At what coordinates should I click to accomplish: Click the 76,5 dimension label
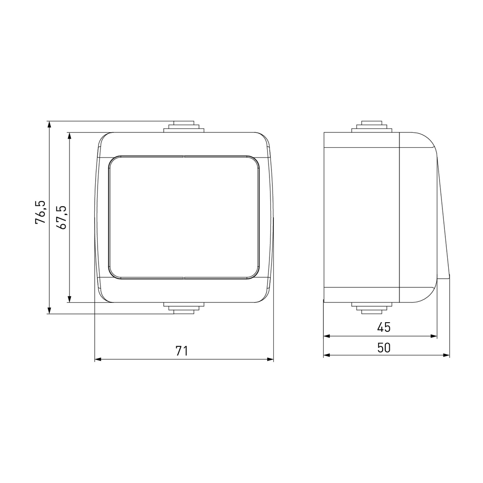pos(41,212)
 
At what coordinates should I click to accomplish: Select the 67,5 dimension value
pos(61,217)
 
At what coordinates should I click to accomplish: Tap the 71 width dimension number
pos(182,351)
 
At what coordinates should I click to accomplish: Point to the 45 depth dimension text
pos(384,327)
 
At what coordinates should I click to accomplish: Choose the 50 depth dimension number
pos(384,348)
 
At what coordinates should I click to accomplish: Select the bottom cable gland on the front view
pos(184,308)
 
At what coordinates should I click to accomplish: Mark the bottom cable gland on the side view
pos(372,308)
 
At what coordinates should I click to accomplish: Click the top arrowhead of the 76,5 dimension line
pos(49,124)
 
